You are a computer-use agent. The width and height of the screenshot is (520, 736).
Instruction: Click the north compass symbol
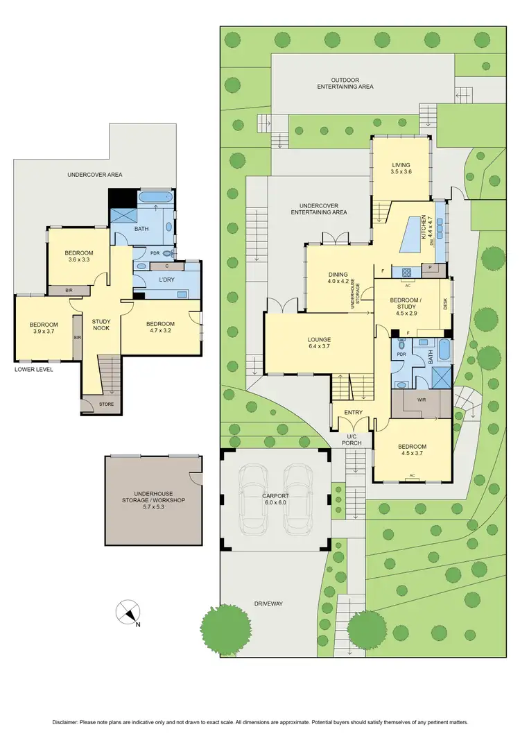click(x=127, y=613)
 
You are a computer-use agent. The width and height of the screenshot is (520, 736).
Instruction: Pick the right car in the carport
click(x=299, y=499)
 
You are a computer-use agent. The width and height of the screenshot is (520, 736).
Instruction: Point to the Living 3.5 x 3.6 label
click(x=401, y=168)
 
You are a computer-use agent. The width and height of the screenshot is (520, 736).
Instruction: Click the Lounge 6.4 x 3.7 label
click(x=319, y=343)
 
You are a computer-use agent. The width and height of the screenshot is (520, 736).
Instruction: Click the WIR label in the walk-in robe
click(x=422, y=400)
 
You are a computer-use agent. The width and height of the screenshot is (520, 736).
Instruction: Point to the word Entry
click(x=354, y=413)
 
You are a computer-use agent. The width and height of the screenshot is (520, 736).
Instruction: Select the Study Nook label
click(x=101, y=324)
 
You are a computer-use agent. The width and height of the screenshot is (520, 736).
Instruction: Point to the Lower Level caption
click(x=33, y=369)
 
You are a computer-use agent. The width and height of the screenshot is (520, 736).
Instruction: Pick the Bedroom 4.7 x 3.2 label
click(x=160, y=327)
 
